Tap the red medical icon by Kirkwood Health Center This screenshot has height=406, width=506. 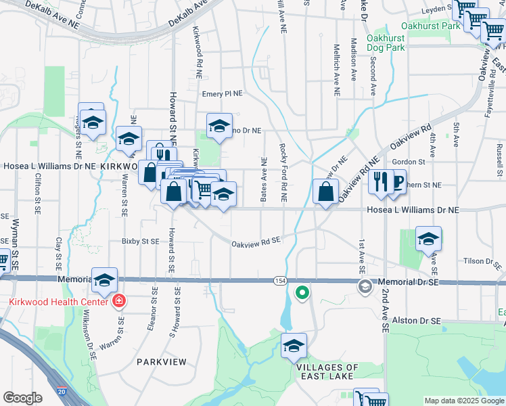pyautogui.click(x=119, y=300)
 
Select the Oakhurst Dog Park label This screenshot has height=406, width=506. pyautogui.click(x=386, y=43)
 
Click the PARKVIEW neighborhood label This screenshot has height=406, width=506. pyautogui.click(x=161, y=362)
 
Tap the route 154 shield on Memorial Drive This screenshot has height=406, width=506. pyautogui.click(x=279, y=280)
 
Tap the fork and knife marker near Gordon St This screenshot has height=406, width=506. pyautogui.click(x=382, y=181)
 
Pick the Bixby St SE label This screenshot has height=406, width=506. pyautogui.click(x=140, y=241)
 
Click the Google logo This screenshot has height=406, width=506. pyautogui.click(x=23, y=398)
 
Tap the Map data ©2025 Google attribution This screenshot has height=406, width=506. pyautogui.click(x=464, y=401)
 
